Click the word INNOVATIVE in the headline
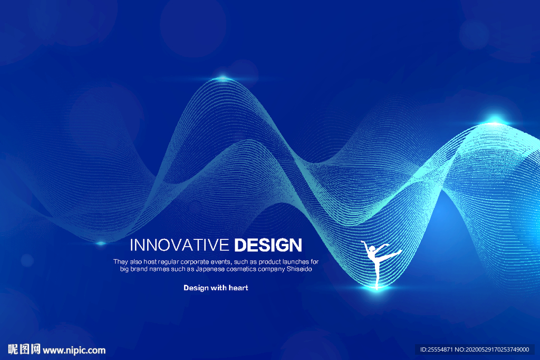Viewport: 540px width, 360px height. (x=179, y=245)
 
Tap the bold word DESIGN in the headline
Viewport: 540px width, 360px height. (x=268, y=245)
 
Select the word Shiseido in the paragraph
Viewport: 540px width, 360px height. (x=300, y=269)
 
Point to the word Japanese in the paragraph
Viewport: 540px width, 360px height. (x=210, y=269)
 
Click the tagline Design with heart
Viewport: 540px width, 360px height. (x=216, y=288)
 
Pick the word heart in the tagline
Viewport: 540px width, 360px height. (x=238, y=288)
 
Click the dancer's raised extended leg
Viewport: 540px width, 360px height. (x=391, y=255)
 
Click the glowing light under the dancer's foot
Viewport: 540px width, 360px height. (x=377, y=288)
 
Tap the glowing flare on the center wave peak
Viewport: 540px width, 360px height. (x=223, y=78)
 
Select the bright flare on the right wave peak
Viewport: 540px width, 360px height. (x=495, y=121)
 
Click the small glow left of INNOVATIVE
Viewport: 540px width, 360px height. (x=101, y=243)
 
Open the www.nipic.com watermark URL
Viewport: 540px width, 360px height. (x=74, y=351)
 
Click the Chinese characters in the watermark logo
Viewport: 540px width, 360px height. (x=24, y=349)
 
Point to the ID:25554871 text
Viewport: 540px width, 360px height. (x=436, y=349)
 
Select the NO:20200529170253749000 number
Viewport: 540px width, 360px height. (x=492, y=349)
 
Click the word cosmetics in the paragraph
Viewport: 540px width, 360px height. (x=241, y=269)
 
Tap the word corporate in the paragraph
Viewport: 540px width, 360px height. (x=195, y=262)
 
